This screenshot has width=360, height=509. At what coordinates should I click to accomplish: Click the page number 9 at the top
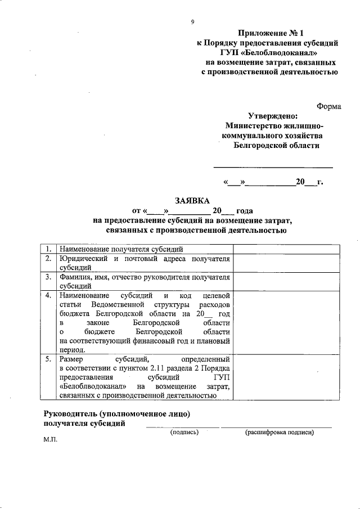[x=192, y=22]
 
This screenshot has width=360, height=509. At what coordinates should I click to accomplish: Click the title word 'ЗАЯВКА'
[x=193, y=201]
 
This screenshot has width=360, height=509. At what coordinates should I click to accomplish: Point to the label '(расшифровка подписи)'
[x=279, y=432]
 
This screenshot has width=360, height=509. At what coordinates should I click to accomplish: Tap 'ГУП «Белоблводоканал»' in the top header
[x=271, y=51]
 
